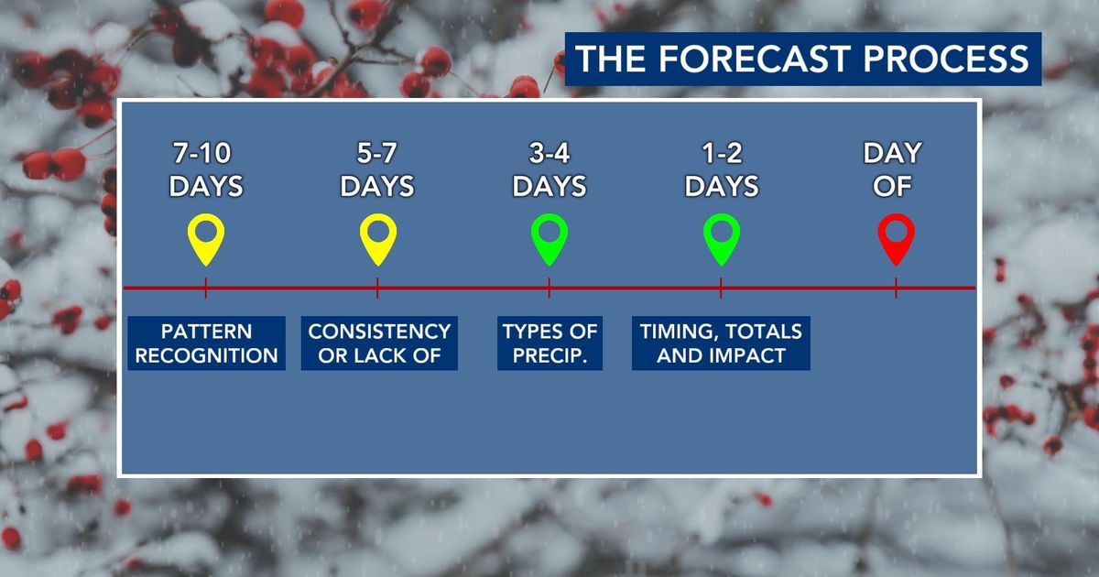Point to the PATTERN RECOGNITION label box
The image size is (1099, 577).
(x=207, y=343)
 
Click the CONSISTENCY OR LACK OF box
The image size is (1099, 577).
(x=379, y=343)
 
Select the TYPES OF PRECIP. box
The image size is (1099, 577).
(x=550, y=343)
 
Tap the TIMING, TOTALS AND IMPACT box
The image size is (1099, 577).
(x=721, y=343)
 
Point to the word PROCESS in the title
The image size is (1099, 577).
(x=946, y=59)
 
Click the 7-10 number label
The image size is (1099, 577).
(x=201, y=153)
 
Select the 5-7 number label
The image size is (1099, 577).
(x=376, y=153)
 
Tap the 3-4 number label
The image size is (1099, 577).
(x=549, y=153)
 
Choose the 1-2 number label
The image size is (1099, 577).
(x=722, y=153)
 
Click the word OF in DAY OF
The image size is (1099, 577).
(x=892, y=186)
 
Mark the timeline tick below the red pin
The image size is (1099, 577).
(x=896, y=288)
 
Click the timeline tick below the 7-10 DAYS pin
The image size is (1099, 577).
(x=205, y=288)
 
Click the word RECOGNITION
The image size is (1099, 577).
(x=207, y=355)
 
